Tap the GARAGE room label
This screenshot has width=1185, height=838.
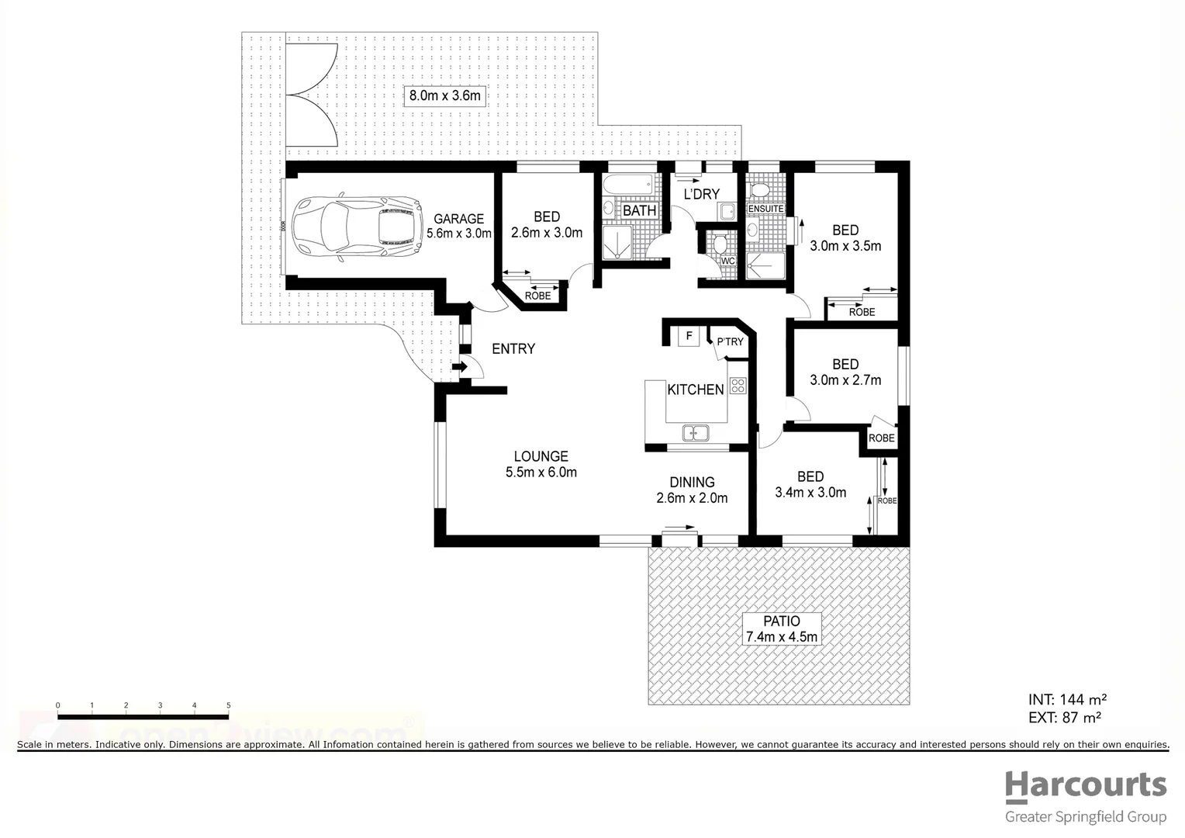(x=458, y=219)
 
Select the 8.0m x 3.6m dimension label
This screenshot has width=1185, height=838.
(x=445, y=96)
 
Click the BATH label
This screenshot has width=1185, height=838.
(x=639, y=210)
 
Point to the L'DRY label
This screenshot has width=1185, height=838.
(x=701, y=194)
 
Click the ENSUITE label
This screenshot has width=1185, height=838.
(x=765, y=209)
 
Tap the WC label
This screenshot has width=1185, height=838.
(x=727, y=261)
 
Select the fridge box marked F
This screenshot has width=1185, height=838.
(x=688, y=337)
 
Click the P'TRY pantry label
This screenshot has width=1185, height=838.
(x=730, y=341)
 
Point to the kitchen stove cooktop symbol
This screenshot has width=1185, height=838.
(x=737, y=385)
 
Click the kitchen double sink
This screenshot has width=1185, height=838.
(x=696, y=433)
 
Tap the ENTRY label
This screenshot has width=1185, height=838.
(x=513, y=349)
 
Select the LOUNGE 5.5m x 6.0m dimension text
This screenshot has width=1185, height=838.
(x=541, y=473)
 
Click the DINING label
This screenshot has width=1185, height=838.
(x=692, y=482)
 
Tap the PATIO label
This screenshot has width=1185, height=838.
(x=781, y=622)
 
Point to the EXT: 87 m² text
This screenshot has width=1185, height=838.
(x=1065, y=718)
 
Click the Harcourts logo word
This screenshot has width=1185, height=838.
(x=1086, y=787)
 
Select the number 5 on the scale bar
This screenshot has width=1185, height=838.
(x=228, y=705)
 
